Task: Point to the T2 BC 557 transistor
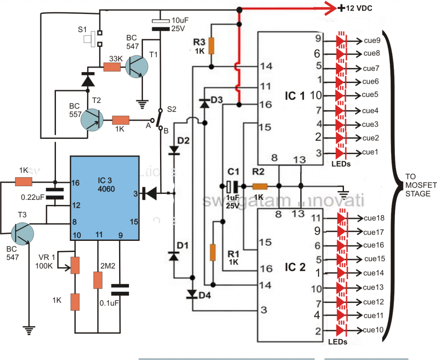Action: click(x=92, y=120)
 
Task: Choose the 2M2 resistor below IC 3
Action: click(x=98, y=280)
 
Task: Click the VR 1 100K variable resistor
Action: click(x=75, y=265)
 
